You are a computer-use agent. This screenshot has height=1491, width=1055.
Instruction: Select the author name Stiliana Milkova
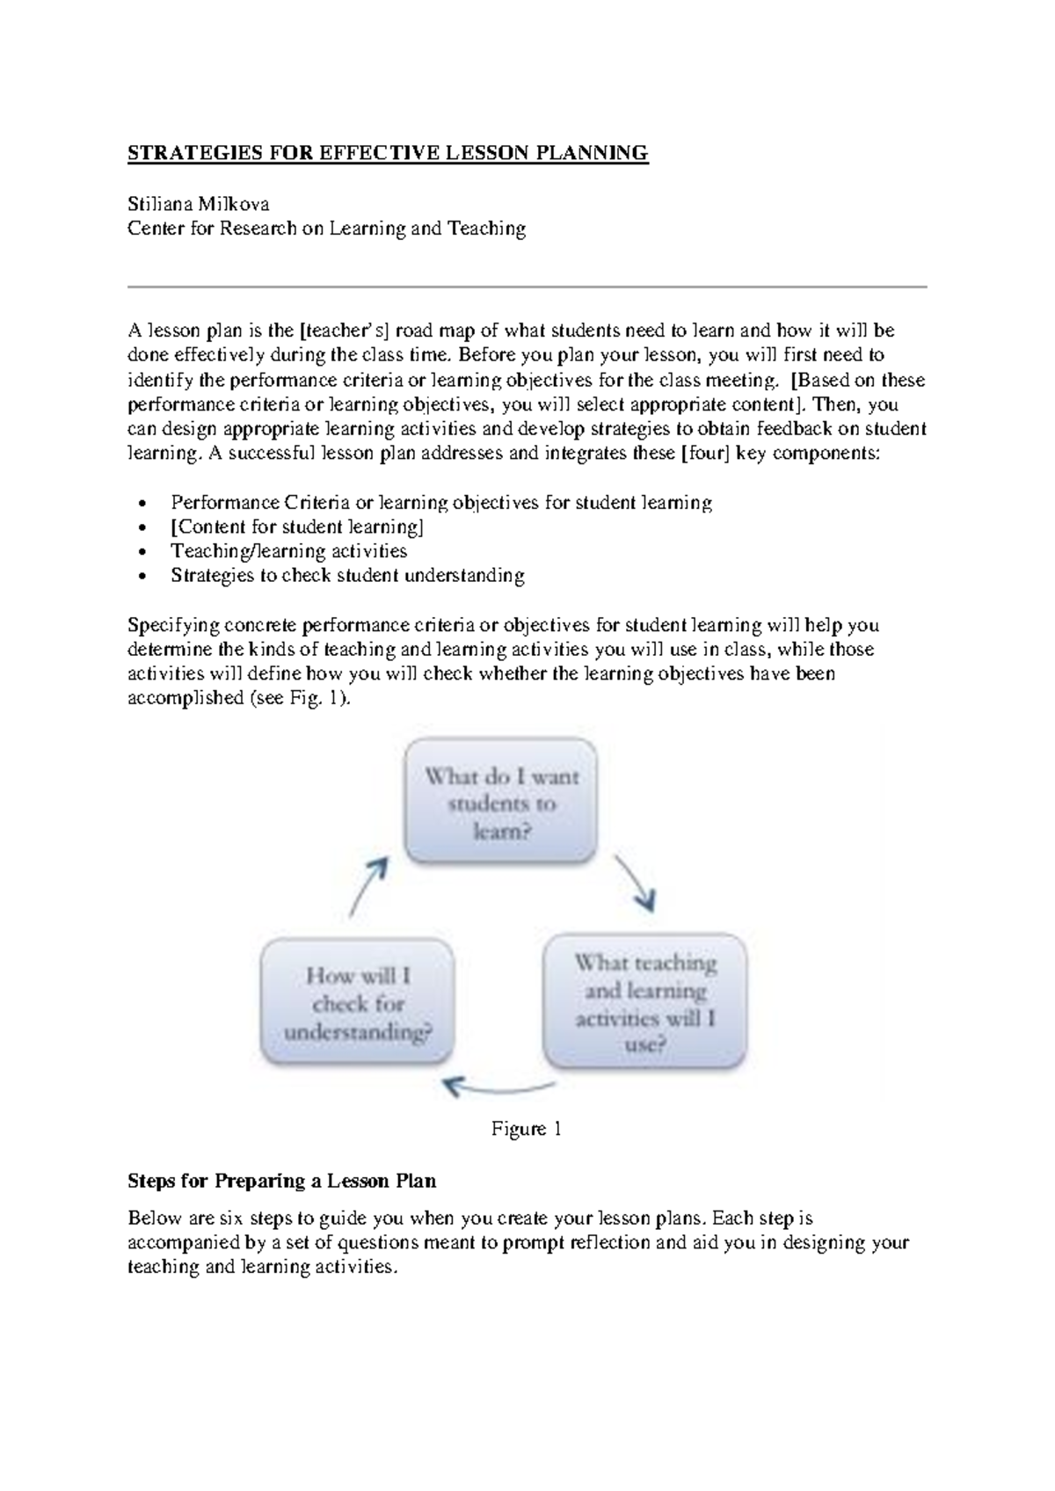click(x=199, y=204)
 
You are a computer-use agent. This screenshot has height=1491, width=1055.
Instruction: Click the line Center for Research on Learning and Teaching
click(x=326, y=229)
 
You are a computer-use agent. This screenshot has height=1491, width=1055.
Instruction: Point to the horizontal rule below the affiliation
click(x=527, y=287)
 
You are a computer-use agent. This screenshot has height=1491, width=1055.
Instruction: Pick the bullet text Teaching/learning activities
click(x=288, y=551)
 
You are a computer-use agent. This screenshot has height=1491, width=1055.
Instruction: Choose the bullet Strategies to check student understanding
click(x=347, y=576)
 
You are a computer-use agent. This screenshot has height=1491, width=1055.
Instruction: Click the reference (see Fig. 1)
click(x=303, y=699)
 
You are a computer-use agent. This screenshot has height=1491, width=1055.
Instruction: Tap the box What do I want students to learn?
click(x=501, y=801)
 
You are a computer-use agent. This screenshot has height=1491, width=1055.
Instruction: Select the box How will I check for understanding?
click(x=358, y=1002)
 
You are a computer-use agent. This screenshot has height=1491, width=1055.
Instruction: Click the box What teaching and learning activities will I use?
click(x=645, y=1001)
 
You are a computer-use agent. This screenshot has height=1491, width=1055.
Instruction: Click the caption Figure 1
click(x=526, y=1129)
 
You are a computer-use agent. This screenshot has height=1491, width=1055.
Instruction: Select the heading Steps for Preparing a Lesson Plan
click(x=281, y=1180)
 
